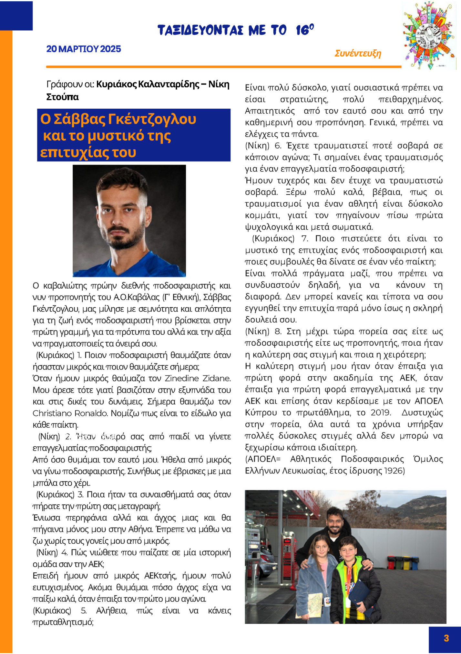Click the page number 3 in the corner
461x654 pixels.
tap(446, 638)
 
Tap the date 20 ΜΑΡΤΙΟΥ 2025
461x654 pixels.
tap(84, 49)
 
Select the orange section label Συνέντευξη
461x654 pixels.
tap(358, 53)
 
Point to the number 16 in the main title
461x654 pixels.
tap(303, 30)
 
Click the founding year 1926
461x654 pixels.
tap(394, 471)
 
